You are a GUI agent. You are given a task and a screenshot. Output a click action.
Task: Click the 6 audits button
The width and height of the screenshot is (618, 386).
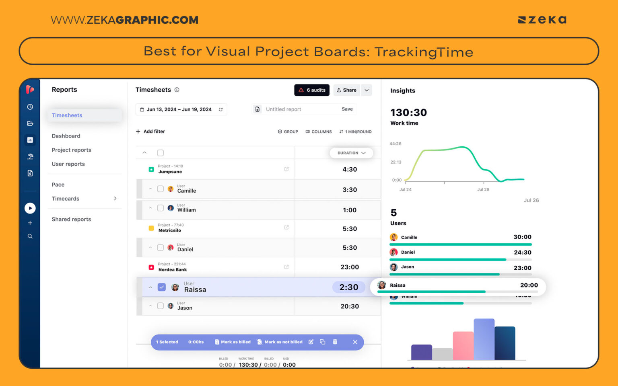click(x=312, y=90)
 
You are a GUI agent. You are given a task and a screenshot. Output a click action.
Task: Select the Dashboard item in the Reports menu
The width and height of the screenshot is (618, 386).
click(x=66, y=136)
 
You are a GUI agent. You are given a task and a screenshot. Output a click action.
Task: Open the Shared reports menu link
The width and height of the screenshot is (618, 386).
click(x=71, y=219)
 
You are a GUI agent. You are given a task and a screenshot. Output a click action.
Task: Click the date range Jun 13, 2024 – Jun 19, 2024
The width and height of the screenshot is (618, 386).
click(x=179, y=109)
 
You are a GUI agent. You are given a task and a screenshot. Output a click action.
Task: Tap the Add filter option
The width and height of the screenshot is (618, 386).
click(x=150, y=131)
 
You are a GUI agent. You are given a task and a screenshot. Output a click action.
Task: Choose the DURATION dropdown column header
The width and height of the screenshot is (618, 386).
click(x=351, y=153)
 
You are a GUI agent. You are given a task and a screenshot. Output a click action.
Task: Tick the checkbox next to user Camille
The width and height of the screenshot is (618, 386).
click(x=161, y=189)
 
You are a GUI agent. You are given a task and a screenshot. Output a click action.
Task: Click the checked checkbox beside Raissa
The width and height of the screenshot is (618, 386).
click(x=162, y=287)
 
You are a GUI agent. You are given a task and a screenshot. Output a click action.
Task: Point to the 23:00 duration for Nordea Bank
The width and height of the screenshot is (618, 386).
click(x=349, y=267)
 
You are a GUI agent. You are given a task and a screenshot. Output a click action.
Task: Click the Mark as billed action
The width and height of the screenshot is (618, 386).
click(x=233, y=342)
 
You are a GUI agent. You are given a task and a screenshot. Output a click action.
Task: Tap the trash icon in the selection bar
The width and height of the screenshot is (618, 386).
click(x=335, y=342)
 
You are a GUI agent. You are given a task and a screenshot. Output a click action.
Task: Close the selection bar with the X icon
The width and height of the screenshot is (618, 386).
click(x=355, y=342)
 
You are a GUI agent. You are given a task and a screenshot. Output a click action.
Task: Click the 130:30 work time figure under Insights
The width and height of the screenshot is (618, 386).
click(x=408, y=113)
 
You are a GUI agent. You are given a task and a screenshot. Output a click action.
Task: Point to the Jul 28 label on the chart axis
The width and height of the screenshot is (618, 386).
click(x=483, y=189)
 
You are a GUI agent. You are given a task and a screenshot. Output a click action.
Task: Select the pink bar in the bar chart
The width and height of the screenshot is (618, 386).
click(x=463, y=346)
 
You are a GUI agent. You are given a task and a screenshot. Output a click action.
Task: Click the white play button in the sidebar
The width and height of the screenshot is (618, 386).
click(x=30, y=208)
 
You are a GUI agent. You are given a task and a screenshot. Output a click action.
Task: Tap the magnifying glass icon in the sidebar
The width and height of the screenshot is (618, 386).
click(x=30, y=236)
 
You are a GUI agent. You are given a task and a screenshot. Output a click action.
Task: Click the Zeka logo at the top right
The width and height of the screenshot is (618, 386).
click(x=542, y=20)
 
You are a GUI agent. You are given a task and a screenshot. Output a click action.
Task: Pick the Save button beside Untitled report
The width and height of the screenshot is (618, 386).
click(x=347, y=109)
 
